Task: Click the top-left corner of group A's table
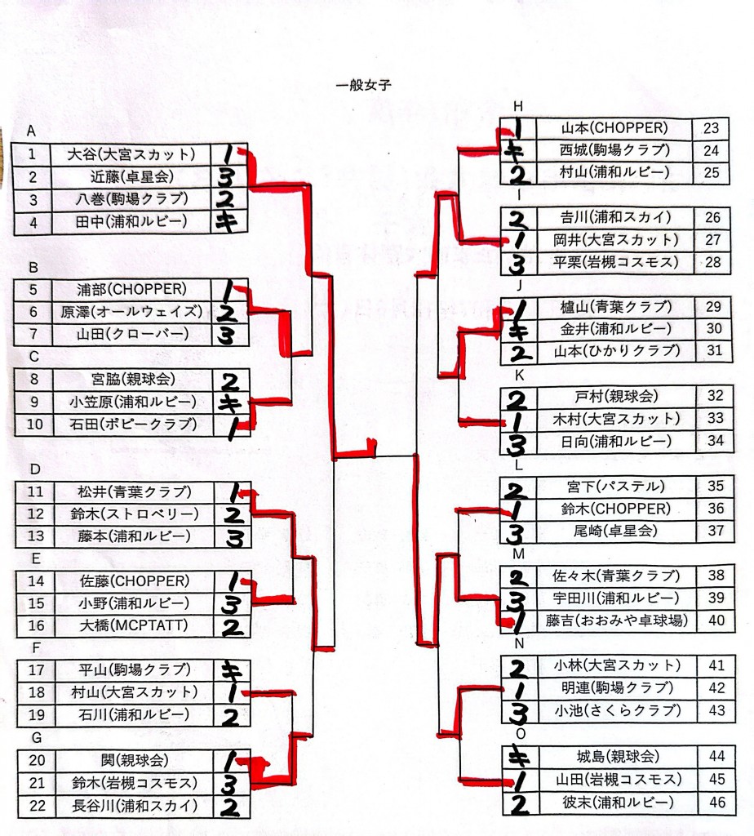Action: pos(11,143)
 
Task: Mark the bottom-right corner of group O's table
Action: pos(736,816)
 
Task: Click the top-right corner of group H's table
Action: pos(729,118)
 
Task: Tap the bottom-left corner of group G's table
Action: pos(18,818)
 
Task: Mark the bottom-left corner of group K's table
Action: pos(500,454)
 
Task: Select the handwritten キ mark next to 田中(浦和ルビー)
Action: pos(228,221)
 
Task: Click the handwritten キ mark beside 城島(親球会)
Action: pos(518,757)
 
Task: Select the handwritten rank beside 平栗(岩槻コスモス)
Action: pos(516,264)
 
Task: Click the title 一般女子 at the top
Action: pos(364,85)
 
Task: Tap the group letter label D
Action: pos(35,469)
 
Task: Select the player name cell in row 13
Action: pos(134,536)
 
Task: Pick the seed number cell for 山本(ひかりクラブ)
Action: pos(714,351)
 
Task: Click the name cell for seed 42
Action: pos(617,688)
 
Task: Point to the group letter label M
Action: pos(518,554)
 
